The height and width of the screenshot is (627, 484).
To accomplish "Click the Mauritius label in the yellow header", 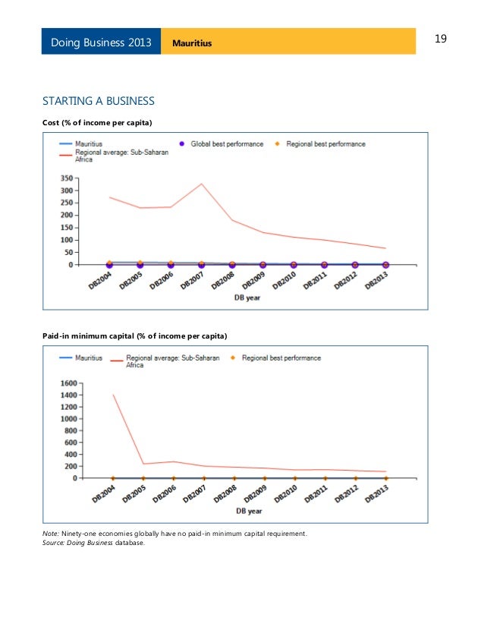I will coord(192,43).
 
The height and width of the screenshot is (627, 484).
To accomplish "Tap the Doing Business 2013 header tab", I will coord(101,42).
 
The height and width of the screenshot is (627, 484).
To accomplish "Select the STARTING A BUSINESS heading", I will coord(99,101).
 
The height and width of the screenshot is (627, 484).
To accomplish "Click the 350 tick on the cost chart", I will coord(68,178).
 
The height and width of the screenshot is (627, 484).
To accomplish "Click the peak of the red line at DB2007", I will coord(202,184).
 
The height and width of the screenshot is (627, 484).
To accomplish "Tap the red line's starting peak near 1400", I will coord(113,395).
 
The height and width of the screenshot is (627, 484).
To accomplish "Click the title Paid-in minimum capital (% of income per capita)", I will coord(134,335).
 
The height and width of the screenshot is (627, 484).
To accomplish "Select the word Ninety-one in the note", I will coord(77,534).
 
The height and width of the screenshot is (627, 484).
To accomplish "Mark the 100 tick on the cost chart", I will coord(68,240).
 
